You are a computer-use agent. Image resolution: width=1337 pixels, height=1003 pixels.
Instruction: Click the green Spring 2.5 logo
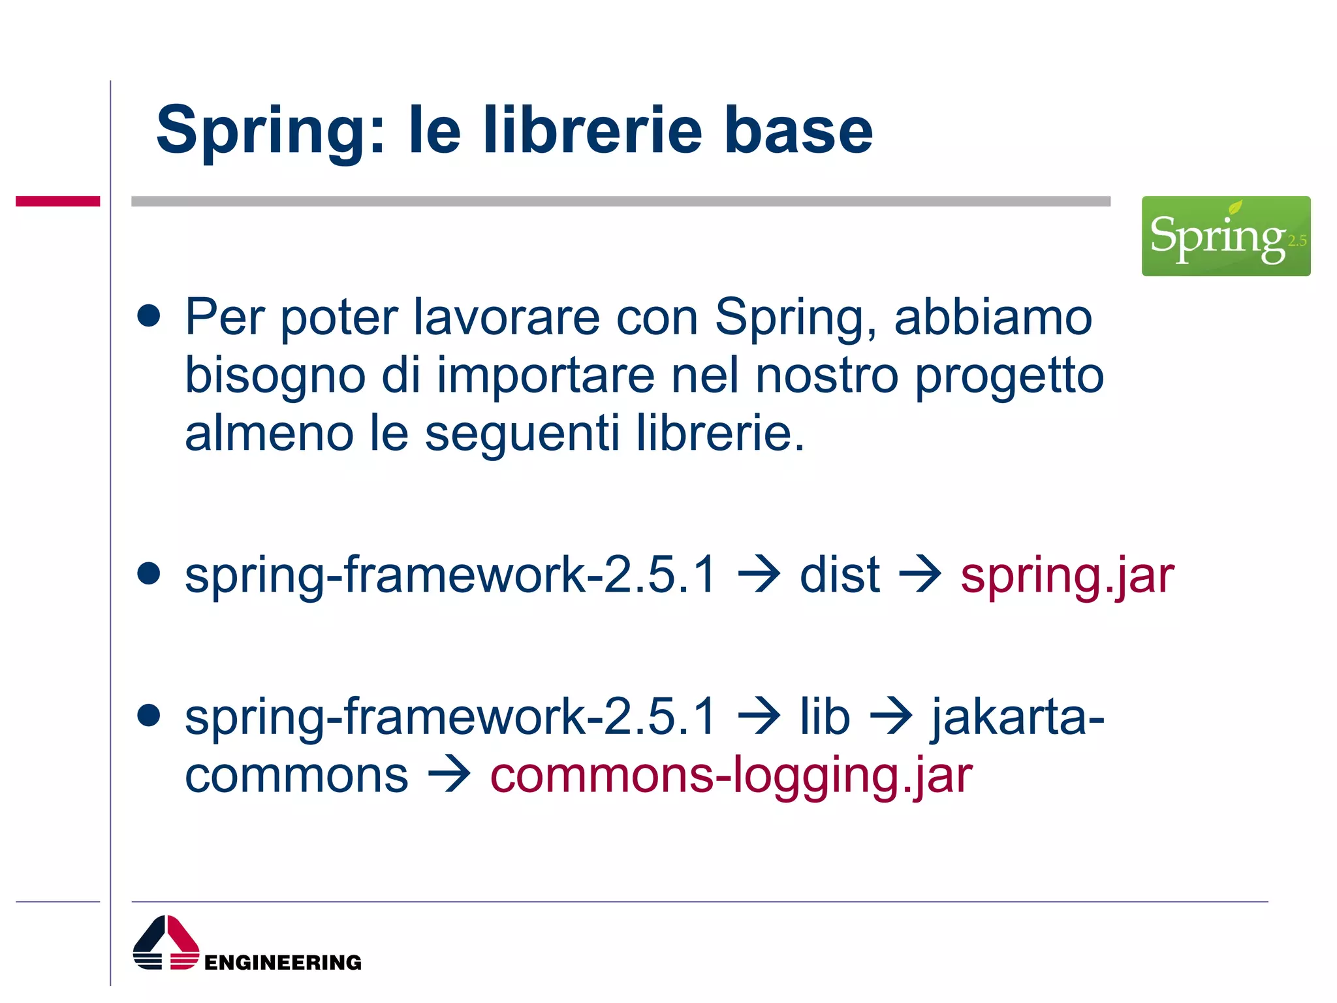point(1225,236)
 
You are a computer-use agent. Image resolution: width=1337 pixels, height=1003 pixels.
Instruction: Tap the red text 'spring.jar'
point(1067,576)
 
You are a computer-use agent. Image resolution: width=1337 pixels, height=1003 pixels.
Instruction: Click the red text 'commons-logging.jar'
point(731,775)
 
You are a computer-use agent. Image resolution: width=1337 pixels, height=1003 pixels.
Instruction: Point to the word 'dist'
point(840,575)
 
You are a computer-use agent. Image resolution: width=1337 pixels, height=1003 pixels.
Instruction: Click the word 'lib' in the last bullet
point(825,717)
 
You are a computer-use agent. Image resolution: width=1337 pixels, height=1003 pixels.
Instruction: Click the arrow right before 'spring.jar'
point(920,575)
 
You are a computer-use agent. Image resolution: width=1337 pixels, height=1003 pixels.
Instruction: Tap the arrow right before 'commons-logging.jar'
point(449,775)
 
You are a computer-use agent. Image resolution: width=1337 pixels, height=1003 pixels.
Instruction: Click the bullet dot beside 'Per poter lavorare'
point(149,316)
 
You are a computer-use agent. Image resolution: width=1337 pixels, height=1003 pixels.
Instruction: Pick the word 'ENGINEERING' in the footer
point(283,963)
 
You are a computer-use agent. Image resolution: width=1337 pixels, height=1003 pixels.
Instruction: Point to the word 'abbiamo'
point(992,317)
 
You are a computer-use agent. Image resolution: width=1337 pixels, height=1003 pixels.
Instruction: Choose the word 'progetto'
point(1009,377)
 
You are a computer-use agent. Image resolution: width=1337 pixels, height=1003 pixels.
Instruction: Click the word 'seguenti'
point(522,434)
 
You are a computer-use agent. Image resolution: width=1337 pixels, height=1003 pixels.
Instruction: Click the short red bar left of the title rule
point(57,201)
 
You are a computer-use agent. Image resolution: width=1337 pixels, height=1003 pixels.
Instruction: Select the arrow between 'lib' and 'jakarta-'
point(890,717)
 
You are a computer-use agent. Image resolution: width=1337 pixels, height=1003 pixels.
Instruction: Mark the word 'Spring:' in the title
point(270,132)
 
